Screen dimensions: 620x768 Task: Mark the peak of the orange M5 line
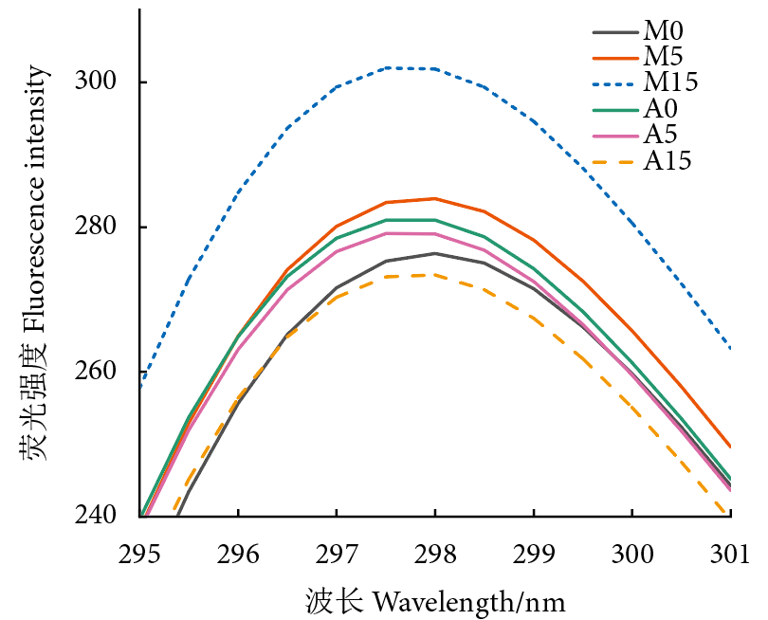pyautogui.click(x=434, y=198)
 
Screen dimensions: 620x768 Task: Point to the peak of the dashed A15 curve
pyautogui.click(x=434, y=275)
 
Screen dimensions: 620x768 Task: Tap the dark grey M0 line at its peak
pyautogui.click(x=434, y=253)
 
